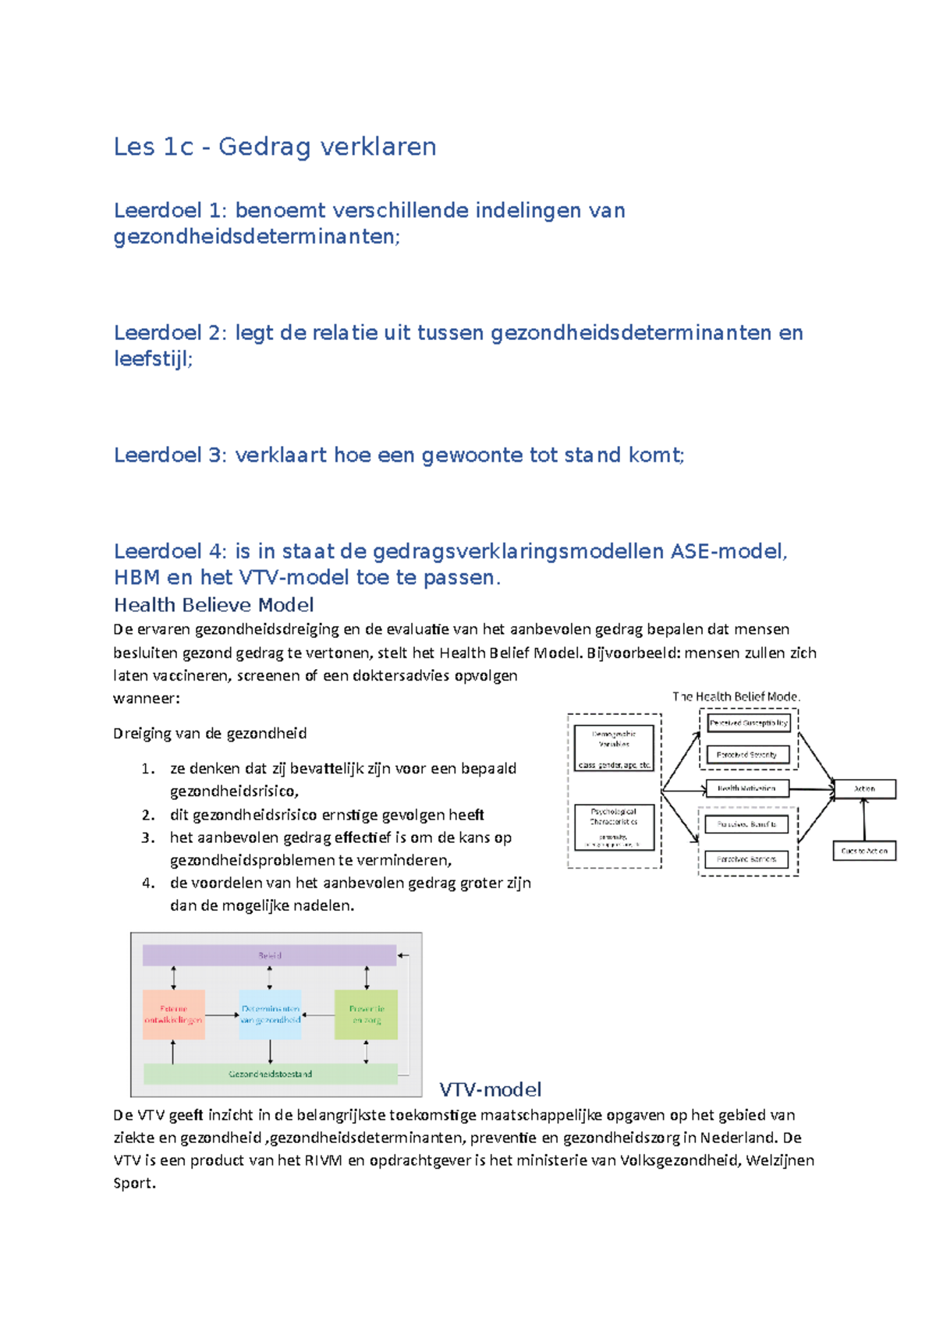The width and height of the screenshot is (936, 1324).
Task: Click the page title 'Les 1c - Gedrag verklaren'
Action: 275,147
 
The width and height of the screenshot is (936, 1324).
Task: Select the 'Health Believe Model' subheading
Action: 214,605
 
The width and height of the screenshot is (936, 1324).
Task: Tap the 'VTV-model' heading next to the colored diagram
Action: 490,1089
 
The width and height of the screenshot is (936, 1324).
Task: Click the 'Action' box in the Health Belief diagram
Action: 864,789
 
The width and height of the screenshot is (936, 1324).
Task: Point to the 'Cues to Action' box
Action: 864,851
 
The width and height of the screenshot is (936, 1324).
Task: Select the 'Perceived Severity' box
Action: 746,755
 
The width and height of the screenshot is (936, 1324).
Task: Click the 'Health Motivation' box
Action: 746,788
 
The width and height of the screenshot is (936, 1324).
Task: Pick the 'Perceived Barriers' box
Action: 746,859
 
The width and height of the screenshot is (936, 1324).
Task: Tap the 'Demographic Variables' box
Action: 614,748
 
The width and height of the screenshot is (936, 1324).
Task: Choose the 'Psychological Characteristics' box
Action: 614,827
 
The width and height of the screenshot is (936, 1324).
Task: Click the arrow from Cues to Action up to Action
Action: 863,820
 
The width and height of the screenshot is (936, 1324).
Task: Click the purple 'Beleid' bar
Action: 270,955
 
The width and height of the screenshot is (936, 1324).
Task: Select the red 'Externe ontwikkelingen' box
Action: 174,1014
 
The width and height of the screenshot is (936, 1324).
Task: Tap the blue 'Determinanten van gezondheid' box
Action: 270,1014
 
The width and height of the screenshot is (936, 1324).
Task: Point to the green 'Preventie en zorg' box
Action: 366,1014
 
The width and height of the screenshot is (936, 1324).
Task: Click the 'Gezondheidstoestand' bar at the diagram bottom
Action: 270,1074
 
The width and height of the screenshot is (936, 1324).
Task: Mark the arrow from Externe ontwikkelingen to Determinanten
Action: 222,1015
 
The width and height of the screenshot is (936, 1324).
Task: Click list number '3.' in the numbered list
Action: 148,837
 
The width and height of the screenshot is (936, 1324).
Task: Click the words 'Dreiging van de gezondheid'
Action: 210,733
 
